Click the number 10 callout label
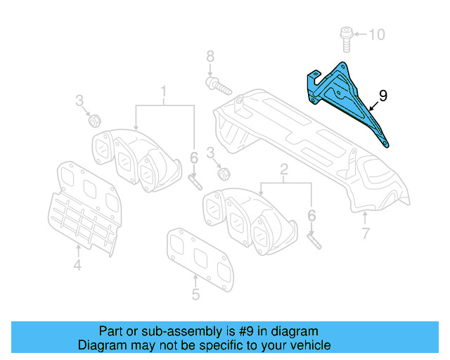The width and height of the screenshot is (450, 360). [377, 34]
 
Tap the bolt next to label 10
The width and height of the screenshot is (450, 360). [346, 37]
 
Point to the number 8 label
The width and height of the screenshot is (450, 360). [209, 56]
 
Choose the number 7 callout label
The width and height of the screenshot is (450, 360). [365, 234]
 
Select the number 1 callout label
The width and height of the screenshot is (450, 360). [164, 91]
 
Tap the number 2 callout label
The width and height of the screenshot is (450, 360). [284, 169]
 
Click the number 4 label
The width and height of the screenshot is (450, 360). [77, 265]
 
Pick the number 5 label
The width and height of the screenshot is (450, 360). [195, 294]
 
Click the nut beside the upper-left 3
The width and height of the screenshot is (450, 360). [93, 120]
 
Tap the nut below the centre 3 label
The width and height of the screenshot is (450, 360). [221, 173]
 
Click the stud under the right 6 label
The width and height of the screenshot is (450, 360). [314, 238]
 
